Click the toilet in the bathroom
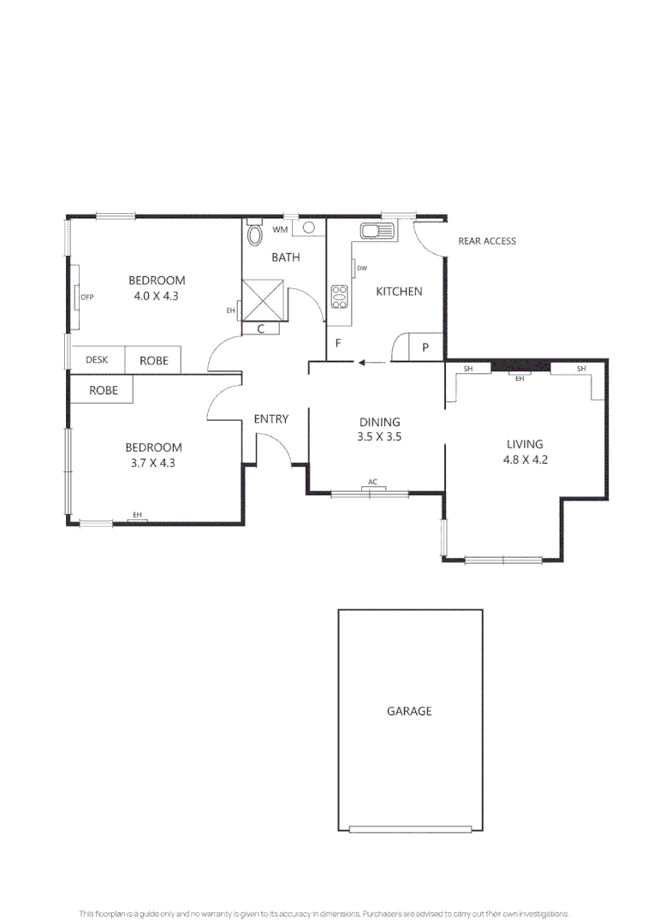point(254,234)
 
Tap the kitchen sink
point(376,231)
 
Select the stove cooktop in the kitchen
point(339,296)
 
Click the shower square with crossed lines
point(265,300)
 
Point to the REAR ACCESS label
point(487,241)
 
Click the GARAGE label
point(409,711)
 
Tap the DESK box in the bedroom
point(97,360)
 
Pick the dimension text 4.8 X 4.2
point(525,459)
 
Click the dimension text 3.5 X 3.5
point(379,436)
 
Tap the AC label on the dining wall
point(372,483)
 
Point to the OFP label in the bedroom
point(86,297)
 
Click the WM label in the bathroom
point(280,230)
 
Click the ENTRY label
point(271,419)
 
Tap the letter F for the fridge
point(338,344)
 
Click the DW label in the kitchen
point(362,269)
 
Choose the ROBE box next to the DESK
point(154,360)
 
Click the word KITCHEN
point(399,292)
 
